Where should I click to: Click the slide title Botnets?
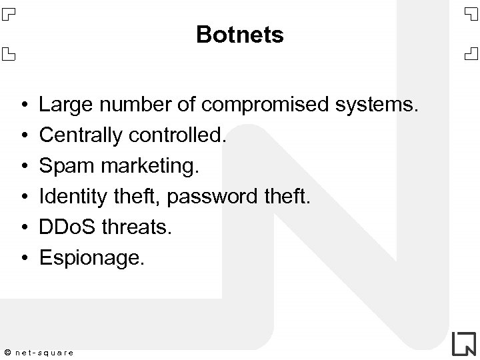240,35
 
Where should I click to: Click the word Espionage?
91,258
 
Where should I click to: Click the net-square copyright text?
44,352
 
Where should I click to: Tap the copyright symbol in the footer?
7,352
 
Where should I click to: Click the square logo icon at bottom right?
463,343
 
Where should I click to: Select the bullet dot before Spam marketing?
23,167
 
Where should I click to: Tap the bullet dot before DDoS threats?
23,228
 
